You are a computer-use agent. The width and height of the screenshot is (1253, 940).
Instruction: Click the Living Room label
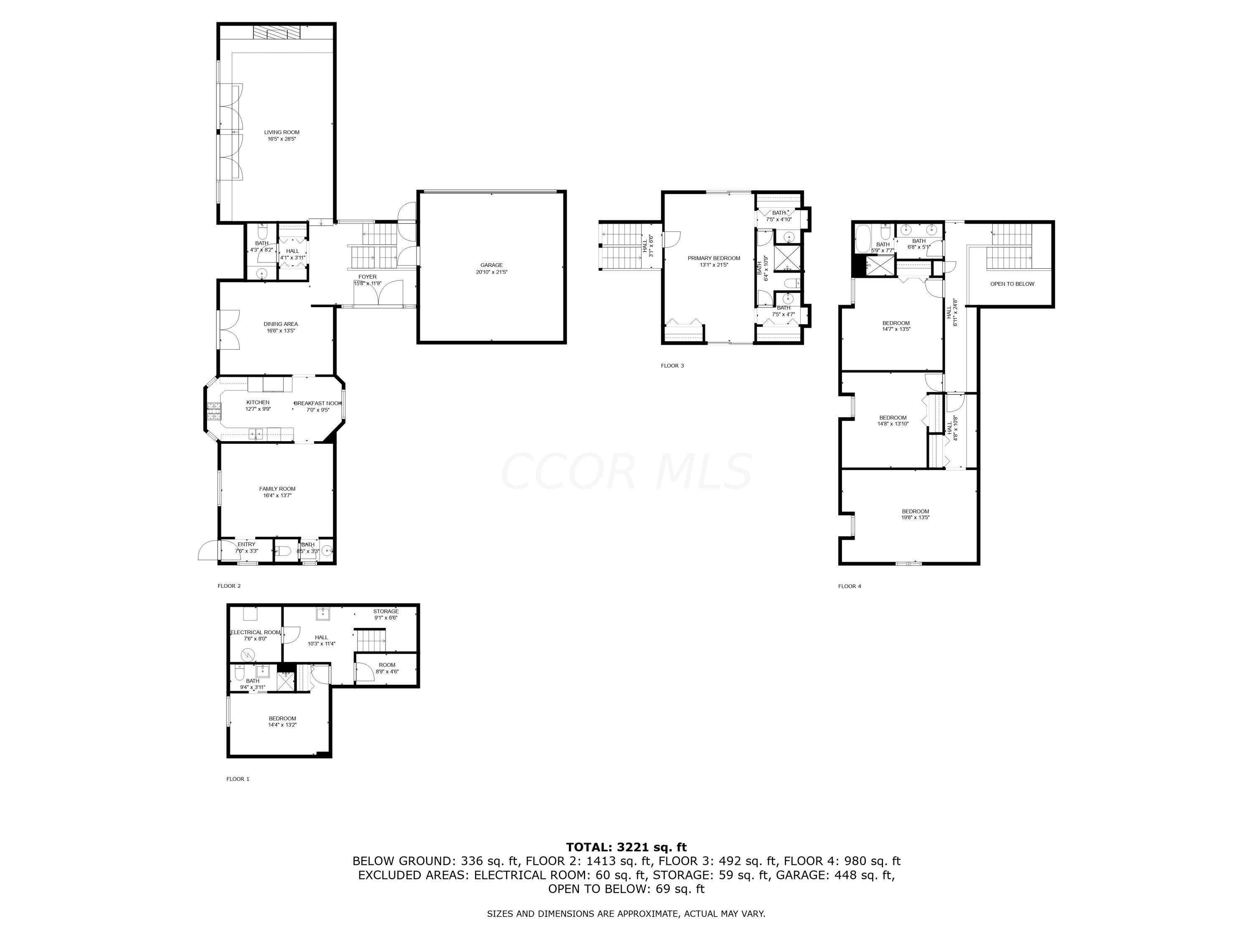pos(282,132)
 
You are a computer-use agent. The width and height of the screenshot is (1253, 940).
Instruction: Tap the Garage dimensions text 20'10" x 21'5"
pos(491,272)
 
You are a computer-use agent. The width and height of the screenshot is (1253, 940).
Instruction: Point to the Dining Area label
pos(280,324)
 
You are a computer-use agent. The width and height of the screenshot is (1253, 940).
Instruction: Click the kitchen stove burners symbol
pos(213,410)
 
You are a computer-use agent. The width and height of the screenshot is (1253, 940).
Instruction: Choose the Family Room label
pos(277,489)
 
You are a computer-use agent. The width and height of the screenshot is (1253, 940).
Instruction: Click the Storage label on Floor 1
pos(386,611)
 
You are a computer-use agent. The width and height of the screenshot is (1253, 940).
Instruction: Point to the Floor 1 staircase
pos(370,640)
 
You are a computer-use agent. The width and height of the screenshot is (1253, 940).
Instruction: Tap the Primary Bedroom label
pos(714,258)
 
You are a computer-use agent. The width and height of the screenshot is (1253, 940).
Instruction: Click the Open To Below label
pos(1012,284)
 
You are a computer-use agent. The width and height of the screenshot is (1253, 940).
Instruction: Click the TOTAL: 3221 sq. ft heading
pos(626,848)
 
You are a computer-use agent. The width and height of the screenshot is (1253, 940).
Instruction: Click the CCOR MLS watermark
pos(626,471)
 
